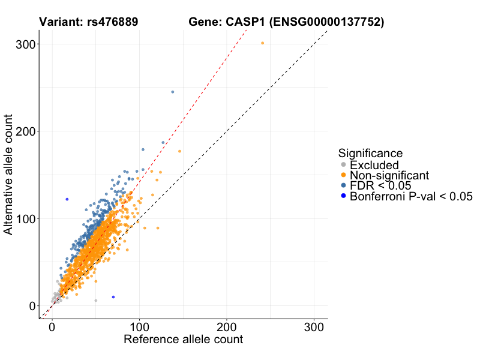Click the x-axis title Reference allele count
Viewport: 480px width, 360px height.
(183, 340)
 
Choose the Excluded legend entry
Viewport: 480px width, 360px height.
(374, 165)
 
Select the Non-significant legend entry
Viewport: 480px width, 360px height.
(389, 175)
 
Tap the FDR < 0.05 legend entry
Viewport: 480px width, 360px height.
(383, 185)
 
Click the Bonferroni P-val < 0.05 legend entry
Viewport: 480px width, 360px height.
(411, 196)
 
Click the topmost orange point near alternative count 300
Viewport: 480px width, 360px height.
(262, 43)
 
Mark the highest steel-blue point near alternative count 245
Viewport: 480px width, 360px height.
(173, 92)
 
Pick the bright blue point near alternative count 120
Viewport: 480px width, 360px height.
(67, 199)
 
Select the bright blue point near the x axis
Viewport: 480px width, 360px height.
(113, 297)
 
